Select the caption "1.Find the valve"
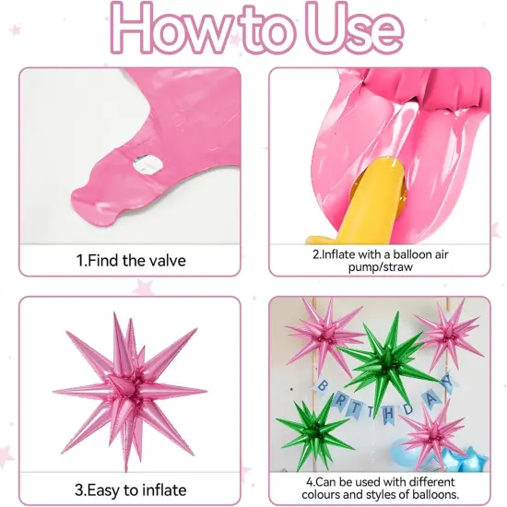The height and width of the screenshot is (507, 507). [x=130, y=261]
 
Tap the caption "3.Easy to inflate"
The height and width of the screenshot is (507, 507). [x=130, y=489]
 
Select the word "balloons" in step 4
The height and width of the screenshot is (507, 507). [x=425, y=494]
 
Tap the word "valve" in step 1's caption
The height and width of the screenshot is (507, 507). [x=166, y=261]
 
